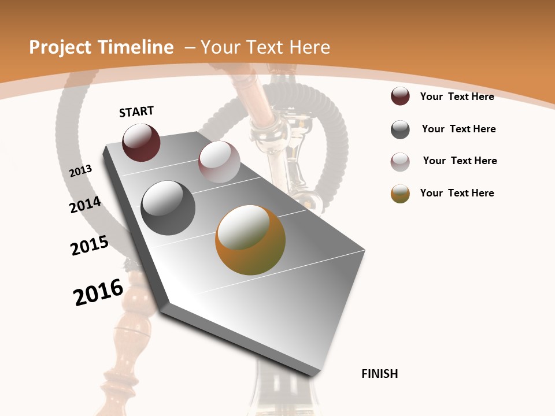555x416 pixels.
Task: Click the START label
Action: (x=136, y=112)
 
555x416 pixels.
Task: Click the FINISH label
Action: (x=380, y=374)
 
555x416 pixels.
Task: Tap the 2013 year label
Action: (x=81, y=170)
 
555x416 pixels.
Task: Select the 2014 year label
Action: (x=86, y=205)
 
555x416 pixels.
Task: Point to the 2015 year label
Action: (x=90, y=246)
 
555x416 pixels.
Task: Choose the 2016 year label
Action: (x=98, y=292)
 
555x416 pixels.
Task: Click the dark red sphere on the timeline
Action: (x=141, y=142)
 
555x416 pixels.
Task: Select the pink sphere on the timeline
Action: (x=219, y=162)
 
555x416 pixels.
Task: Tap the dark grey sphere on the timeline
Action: (x=168, y=208)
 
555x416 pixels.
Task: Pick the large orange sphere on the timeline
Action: (x=250, y=240)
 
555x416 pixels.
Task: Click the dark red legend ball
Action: (x=400, y=96)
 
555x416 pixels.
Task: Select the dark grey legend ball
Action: (x=400, y=129)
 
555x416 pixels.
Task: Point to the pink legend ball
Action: (x=400, y=162)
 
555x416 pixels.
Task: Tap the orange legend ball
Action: (x=400, y=194)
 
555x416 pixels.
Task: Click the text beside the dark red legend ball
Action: (x=457, y=96)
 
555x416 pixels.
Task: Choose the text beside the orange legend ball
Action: (x=457, y=193)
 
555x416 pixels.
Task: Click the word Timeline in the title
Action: (x=136, y=47)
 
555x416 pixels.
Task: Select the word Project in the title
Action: (x=60, y=47)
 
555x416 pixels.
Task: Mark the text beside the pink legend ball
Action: (x=460, y=161)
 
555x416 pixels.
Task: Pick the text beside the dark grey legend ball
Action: (x=458, y=129)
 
